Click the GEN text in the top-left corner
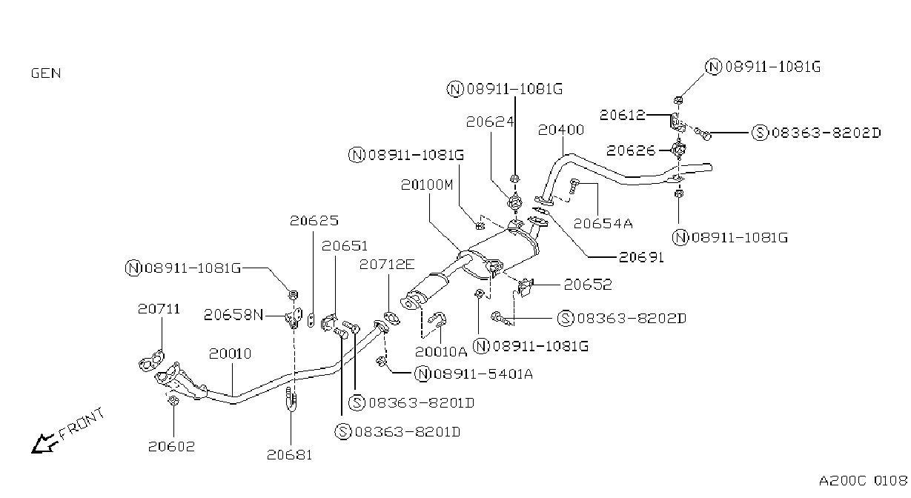(x=46, y=73)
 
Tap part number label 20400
(x=561, y=130)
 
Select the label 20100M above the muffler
(x=427, y=185)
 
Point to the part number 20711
(x=159, y=309)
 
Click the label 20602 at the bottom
(x=171, y=446)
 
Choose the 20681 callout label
(x=289, y=455)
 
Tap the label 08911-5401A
(x=483, y=374)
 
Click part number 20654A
(x=603, y=224)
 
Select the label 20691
(x=641, y=257)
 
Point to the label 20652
(x=588, y=285)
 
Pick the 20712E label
(x=387, y=265)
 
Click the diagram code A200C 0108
(x=864, y=481)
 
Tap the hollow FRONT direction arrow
(x=44, y=443)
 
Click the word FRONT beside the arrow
(x=82, y=424)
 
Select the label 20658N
(x=233, y=315)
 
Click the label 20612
(x=622, y=115)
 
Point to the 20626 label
(x=631, y=151)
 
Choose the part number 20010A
(x=441, y=352)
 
